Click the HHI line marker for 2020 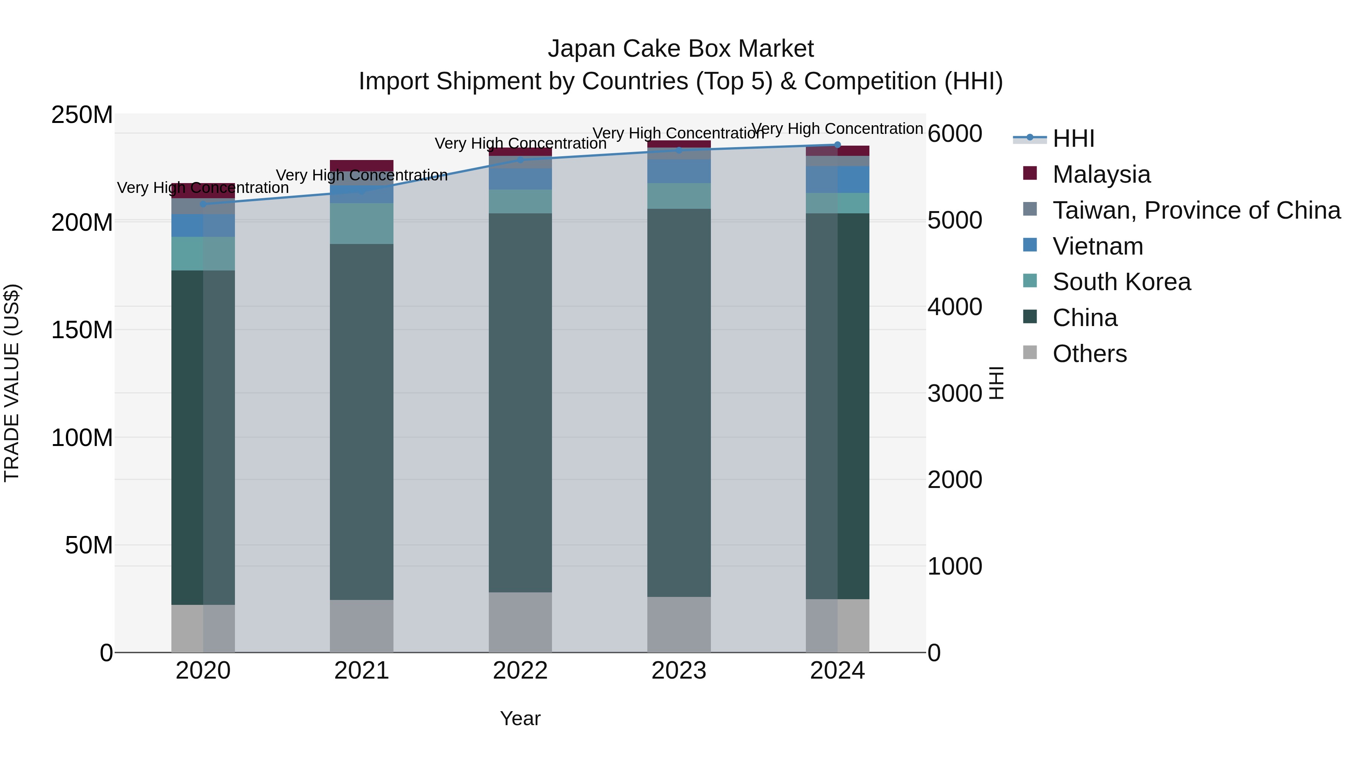[x=203, y=204]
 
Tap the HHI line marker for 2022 [x=520, y=160]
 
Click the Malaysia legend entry [x=1101, y=174]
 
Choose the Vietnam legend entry [x=1097, y=246]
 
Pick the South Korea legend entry [x=1121, y=282]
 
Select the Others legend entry [x=1089, y=354]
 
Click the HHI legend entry [x=1073, y=138]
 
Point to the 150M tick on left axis [x=82, y=330]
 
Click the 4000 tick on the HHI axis [x=955, y=307]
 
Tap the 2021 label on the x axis [x=362, y=671]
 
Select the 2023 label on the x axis [x=679, y=671]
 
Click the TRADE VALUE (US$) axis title [x=12, y=383]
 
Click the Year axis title [x=520, y=718]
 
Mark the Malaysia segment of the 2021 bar [x=362, y=165]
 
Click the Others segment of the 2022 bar [x=520, y=622]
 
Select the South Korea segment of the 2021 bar [x=362, y=224]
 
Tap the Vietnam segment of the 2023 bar [x=679, y=171]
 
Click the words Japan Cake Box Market [x=681, y=49]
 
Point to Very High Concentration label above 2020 [x=203, y=188]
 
